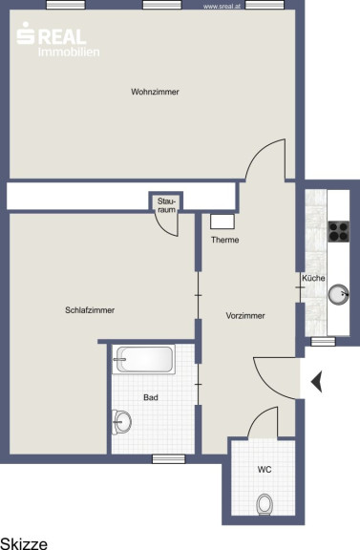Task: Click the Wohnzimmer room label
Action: point(155,92)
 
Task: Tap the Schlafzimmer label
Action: point(90,310)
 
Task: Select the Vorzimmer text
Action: point(245,316)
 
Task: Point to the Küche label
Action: point(313,278)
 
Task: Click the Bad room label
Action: point(151,397)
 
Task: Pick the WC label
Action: point(265,470)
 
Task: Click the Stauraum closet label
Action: point(166,205)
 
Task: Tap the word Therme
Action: point(225,240)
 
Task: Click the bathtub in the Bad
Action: point(144,359)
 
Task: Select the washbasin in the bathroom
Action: point(121,422)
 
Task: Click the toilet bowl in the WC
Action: point(265,504)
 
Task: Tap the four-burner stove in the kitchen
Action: point(339,231)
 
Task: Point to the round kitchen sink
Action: point(339,294)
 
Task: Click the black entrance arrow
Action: point(316,381)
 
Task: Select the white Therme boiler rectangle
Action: point(222,222)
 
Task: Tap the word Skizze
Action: point(24,543)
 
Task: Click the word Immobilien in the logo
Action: point(69,52)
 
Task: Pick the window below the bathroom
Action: point(168,458)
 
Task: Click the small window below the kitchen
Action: point(323,341)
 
